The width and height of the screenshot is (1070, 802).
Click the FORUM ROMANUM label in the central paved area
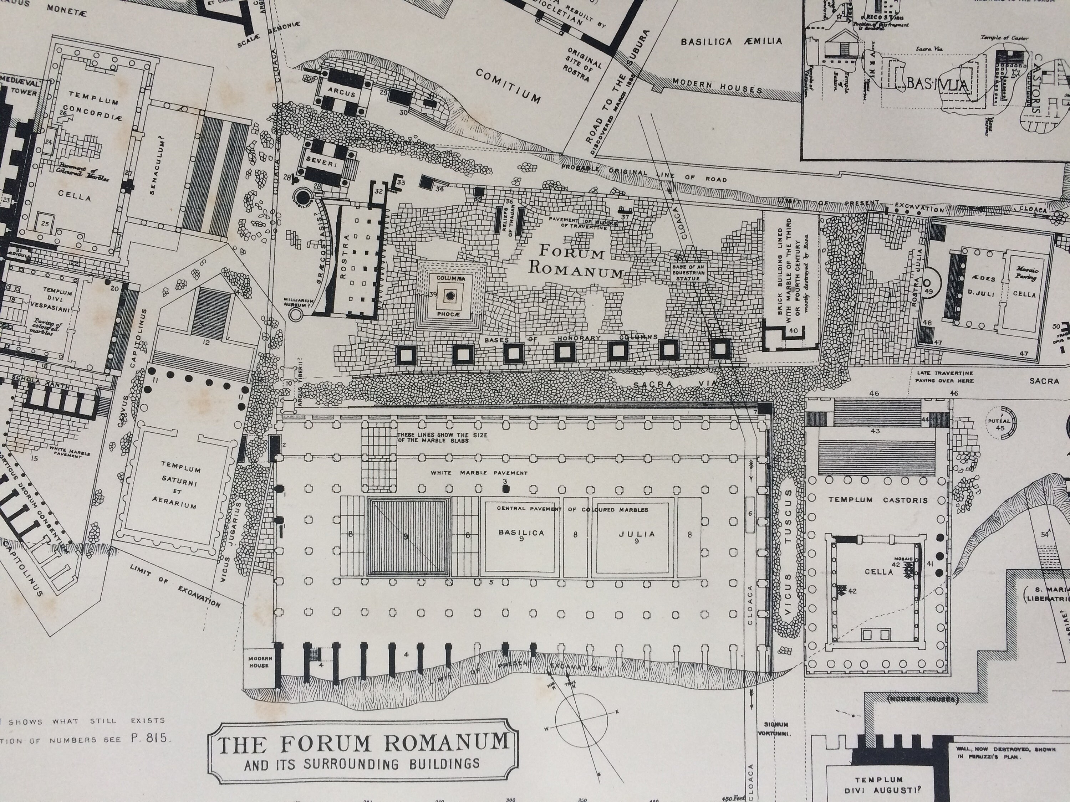[x=575, y=261]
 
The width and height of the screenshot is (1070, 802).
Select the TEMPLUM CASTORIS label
[x=878, y=500]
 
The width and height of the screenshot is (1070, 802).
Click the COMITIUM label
[x=508, y=86]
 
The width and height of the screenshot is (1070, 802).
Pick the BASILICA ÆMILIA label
[x=732, y=42]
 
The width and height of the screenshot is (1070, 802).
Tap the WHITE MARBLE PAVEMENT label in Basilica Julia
[x=479, y=473]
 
